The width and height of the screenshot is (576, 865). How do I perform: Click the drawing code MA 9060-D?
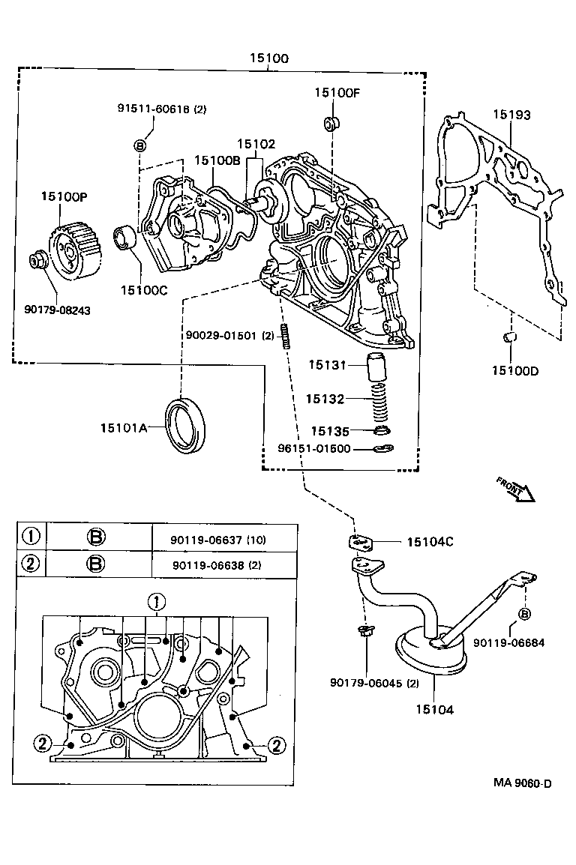tap(522, 783)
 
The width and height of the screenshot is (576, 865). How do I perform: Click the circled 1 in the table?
tap(31, 537)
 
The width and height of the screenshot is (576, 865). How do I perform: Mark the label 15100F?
tap(337, 92)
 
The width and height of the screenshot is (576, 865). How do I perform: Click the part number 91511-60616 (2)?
tap(161, 109)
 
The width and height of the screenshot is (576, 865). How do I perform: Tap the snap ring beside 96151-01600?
tap(384, 449)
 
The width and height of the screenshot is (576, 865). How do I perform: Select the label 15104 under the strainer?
tap(434, 708)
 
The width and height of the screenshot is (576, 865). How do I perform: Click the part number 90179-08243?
tap(57, 309)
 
